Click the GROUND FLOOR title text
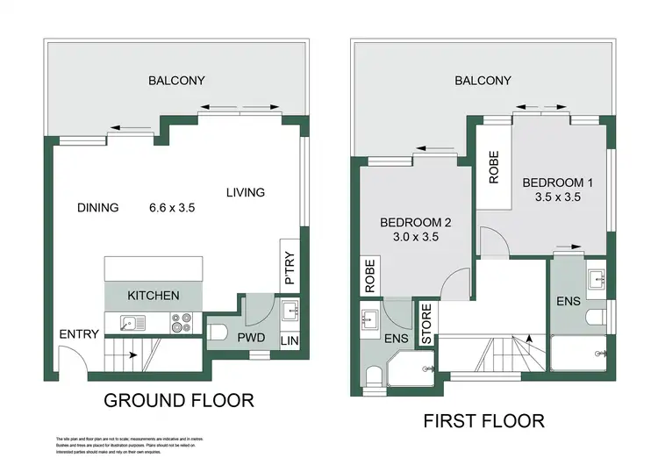pyautogui.click(x=179, y=401)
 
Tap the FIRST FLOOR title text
pyautogui.click(x=483, y=420)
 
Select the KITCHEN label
pyautogui.click(x=154, y=296)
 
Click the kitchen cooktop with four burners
pyautogui.click(x=181, y=324)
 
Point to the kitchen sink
pyautogui.click(x=128, y=323)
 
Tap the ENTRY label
pyautogui.click(x=78, y=334)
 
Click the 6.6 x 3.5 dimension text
pyautogui.click(x=171, y=208)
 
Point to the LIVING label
pyautogui.click(x=245, y=193)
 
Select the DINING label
pyautogui.click(x=97, y=208)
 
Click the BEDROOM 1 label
pyautogui.click(x=558, y=182)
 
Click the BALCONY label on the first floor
pyautogui.click(x=483, y=81)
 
